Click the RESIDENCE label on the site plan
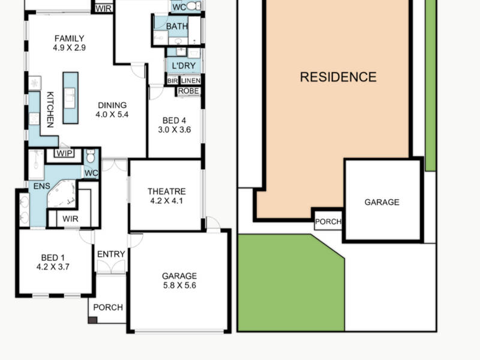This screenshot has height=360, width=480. click(x=338, y=77)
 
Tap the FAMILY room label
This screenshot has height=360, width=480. click(x=69, y=38)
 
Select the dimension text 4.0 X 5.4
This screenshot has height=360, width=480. click(x=112, y=115)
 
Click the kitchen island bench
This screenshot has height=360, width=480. click(x=71, y=98)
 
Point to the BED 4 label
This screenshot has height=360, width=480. click(x=174, y=121)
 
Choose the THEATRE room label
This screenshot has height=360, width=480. click(x=167, y=191)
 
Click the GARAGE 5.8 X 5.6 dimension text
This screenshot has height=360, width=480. click(x=179, y=286)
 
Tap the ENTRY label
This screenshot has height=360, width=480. click(x=111, y=254)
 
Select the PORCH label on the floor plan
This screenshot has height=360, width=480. click(x=108, y=307)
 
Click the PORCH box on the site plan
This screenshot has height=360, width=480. click(x=328, y=221)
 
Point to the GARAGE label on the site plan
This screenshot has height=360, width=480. click(x=382, y=202)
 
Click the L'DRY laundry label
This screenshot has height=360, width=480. click(x=184, y=66)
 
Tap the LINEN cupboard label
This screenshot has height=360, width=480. click(x=191, y=81)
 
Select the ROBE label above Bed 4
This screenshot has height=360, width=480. click(x=188, y=91)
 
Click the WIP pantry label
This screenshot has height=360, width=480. click(x=65, y=153)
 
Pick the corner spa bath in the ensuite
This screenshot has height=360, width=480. click(x=62, y=194)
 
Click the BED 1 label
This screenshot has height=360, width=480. click(x=53, y=258)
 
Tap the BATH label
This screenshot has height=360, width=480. click(x=176, y=26)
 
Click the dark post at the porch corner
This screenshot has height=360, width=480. click(x=93, y=320)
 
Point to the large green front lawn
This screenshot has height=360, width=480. click(x=291, y=283)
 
